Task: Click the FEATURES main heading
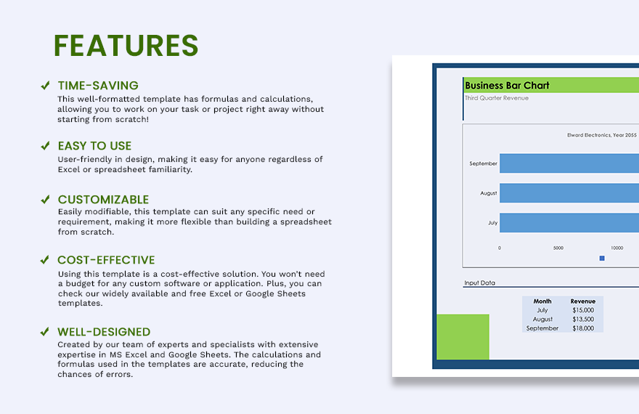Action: click(x=126, y=46)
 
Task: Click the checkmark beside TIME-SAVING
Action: click(x=45, y=86)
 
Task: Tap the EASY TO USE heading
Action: click(x=94, y=146)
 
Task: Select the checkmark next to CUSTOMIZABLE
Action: click(x=45, y=200)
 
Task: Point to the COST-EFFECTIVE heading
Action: click(x=106, y=260)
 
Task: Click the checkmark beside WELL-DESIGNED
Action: click(x=45, y=332)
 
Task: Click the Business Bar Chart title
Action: click(x=507, y=86)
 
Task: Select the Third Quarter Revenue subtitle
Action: click(x=497, y=98)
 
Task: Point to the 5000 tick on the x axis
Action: click(x=558, y=248)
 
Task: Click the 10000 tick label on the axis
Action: click(x=616, y=248)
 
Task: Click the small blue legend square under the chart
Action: click(x=602, y=258)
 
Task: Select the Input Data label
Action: click(x=479, y=283)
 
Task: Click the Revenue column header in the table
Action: click(x=582, y=301)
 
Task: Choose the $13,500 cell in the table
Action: click(x=582, y=320)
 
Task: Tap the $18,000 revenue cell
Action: click(x=582, y=328)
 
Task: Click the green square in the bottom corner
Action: click(x=463, y=337)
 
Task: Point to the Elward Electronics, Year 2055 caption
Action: click(x=601, y=135)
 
